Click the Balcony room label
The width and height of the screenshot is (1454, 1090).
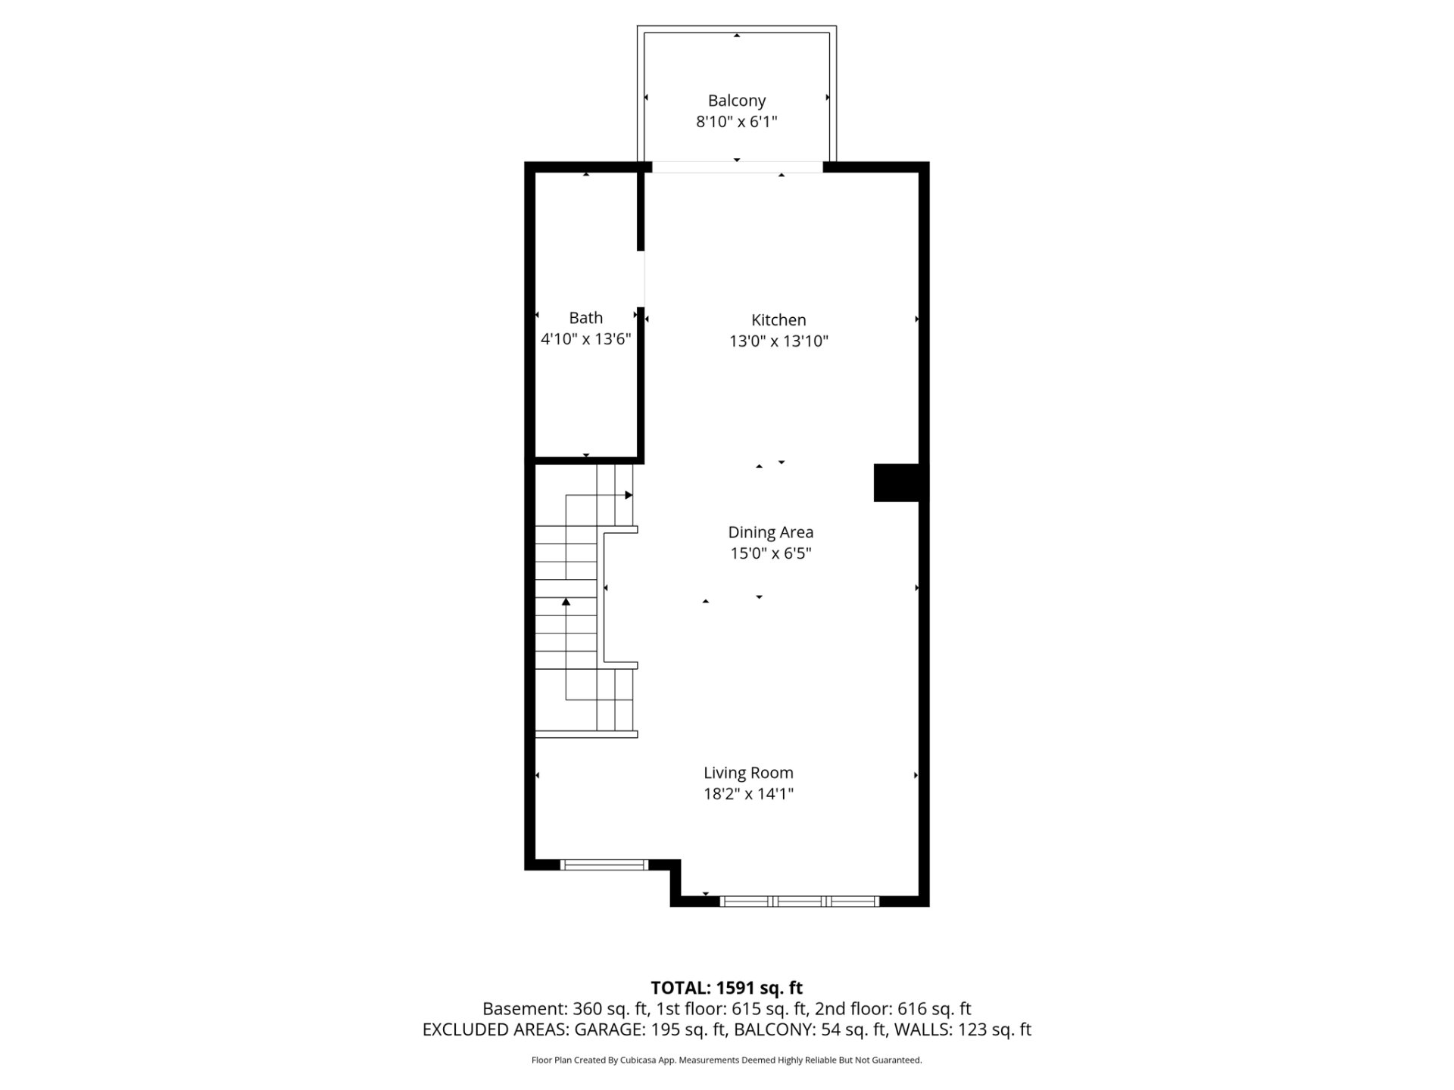click(x=736, y=101)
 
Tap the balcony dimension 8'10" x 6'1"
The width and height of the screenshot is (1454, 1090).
click(x=736, y=122)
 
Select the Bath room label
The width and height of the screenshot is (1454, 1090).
click(x=585, y=318)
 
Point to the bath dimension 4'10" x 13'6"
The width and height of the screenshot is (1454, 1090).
click(x=585, y=339)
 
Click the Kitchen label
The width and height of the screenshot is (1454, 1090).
click(x=778, y=320)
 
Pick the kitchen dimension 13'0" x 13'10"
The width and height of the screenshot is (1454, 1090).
click(x=778, y=341)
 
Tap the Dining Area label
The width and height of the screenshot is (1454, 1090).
click(x=770, y=533)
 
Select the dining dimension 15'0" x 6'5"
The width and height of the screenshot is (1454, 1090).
click(x=770, y=554)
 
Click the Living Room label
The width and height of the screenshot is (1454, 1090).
click(x=748, y=773)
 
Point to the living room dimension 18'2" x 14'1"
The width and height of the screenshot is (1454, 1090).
click(x=748, y=794)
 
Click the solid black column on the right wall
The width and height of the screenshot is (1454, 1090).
click(x=897, y=482)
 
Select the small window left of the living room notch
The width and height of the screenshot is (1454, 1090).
click(x=604, y=864)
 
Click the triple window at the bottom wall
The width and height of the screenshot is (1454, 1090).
click(x=799, y=901)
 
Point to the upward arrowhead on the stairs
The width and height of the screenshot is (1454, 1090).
click(x=566, y=602)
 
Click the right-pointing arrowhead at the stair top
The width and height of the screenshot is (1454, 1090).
click(x=629, y=495)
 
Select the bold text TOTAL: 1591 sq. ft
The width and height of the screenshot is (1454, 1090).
click(x=727, y=988)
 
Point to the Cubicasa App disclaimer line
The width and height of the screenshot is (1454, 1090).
click(x=727, y=1060)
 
